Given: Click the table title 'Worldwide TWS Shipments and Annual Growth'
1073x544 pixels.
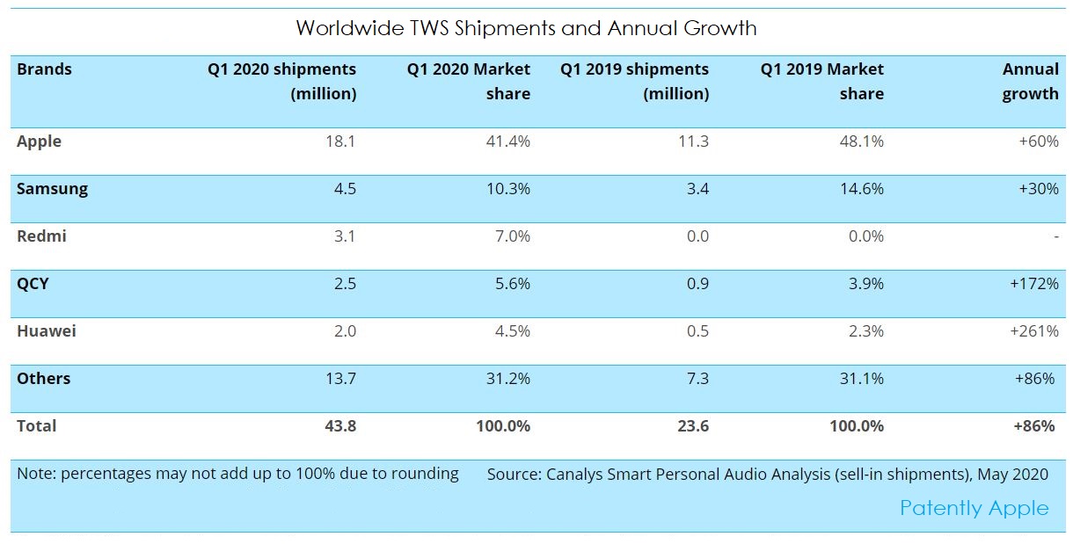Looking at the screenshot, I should click(526, 28).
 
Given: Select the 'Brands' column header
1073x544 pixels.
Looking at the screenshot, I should click(44, 69).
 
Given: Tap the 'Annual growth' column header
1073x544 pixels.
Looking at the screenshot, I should click(1030, 82).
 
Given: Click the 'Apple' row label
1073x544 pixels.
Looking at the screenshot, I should click(39, 141).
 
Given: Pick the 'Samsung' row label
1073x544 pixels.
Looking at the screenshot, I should click(52, 189).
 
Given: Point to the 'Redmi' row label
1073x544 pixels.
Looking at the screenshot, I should click(41, 236).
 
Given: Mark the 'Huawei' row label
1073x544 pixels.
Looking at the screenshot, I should click(45, 331).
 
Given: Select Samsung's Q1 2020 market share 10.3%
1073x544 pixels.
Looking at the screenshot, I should click(507, 189).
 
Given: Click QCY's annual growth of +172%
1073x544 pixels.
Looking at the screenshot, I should click(1034, 284).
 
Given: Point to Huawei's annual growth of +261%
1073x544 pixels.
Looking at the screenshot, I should click(1034, 331).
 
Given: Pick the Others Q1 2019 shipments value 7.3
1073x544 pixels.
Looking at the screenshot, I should click(694, 379).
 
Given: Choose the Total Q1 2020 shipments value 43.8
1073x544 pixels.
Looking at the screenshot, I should click(339, 426).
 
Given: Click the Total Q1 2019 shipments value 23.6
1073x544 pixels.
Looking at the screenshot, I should click(691, 426).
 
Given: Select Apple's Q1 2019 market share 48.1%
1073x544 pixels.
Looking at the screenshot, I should click(861, 141).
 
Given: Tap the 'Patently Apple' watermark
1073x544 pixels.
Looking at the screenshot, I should click(974, 508).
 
